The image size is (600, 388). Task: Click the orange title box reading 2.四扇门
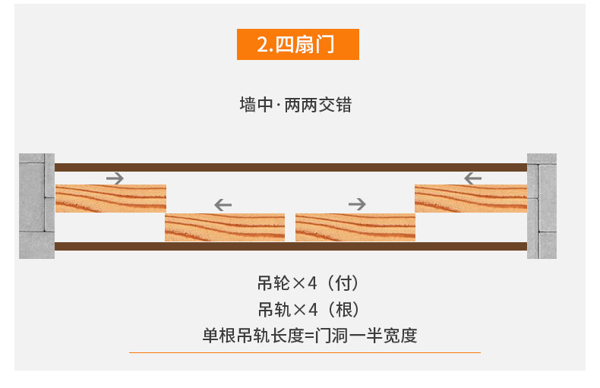tap(298, 44)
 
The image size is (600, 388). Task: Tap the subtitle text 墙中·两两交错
tap(295, 105)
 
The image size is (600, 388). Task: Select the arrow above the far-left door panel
tap(115, 178)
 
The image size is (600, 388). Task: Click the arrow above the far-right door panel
tap(472, 178)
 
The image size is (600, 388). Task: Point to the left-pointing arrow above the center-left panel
tap(223, 203)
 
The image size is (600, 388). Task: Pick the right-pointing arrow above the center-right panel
tap(357, 203)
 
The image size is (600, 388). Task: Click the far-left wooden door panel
tap(111, 198)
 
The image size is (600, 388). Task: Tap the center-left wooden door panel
tap(225, 227)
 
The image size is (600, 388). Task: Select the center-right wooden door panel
tap(355, 227)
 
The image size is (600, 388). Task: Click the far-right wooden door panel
tap(471, 198)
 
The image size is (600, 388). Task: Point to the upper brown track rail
tap(291, 167)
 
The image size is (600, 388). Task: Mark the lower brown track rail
tap(291, 246)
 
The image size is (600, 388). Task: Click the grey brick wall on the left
tap(36, 206)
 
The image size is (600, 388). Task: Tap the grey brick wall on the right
tap(542, 206)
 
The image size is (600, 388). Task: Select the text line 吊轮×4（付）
tap(308, 284)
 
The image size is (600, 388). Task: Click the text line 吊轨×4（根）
tap(308, 309)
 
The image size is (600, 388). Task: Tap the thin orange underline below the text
tap(305, 352)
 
